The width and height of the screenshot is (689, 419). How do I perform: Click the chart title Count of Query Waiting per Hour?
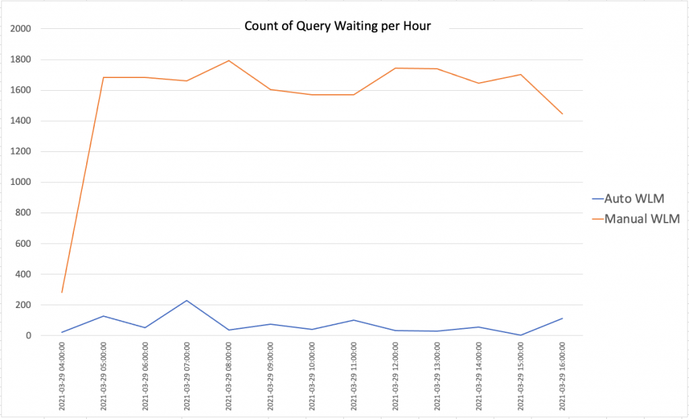337,27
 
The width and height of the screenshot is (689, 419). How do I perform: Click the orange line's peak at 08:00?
229,61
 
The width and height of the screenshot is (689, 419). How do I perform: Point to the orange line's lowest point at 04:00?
62,292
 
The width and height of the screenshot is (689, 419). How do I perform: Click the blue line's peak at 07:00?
187,300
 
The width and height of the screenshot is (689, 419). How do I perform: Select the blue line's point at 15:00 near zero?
521,335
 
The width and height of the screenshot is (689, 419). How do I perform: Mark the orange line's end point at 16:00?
563,114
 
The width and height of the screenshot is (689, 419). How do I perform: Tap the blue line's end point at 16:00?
563,318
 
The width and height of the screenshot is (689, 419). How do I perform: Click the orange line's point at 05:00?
104,77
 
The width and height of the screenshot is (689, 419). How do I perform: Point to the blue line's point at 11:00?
354,320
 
